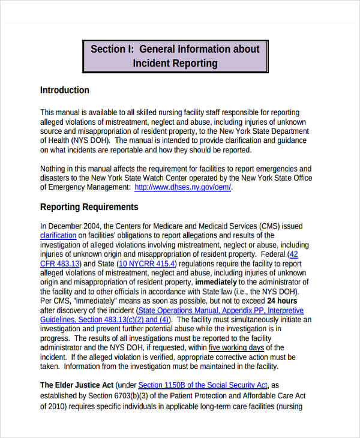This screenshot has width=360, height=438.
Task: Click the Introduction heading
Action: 64,90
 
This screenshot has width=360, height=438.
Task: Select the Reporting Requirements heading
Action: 89,207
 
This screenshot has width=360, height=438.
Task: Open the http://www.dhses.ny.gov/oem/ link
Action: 182,187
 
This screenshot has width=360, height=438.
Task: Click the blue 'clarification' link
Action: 58,236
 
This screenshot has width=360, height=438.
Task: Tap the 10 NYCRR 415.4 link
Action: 147,263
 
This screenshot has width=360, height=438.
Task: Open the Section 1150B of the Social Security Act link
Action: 203,385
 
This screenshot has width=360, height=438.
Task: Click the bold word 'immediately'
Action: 215,282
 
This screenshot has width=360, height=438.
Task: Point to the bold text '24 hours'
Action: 282,301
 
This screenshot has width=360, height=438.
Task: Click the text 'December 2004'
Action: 71,226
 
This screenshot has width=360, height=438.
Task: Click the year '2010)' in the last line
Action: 51,406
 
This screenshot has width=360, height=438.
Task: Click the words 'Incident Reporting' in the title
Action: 175,63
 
